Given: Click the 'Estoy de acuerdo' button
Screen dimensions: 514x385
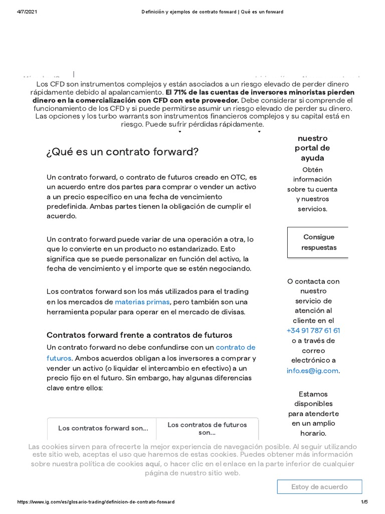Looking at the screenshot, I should (319, 487).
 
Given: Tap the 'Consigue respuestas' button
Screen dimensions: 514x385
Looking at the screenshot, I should (318, 242).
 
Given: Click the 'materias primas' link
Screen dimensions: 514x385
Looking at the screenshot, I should (142, 302).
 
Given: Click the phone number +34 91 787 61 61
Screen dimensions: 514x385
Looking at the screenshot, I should (313, 330).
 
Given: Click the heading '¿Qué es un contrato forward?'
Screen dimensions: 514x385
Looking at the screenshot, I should (122, 152).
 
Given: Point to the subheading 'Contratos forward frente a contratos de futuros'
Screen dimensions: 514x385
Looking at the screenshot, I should (139, 335).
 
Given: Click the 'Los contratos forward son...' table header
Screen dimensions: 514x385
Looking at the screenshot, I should (103, 428).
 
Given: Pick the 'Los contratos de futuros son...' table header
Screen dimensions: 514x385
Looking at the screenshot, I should (207, 428).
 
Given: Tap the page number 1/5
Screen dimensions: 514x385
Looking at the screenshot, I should (364, 502).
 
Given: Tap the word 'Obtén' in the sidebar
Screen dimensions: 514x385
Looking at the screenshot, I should (312, 170).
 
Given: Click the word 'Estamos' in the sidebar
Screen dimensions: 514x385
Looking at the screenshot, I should (313, 394).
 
